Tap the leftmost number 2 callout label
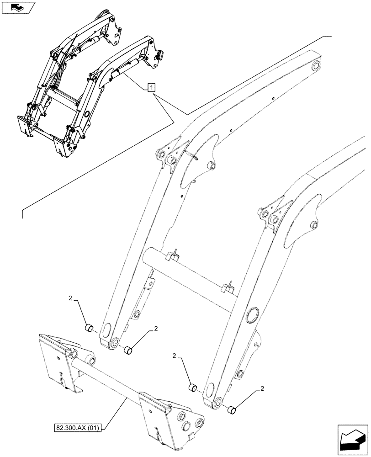[x=70, y=298]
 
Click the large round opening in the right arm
[x=252, y=316]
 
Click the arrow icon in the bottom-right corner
[x=351, y=439]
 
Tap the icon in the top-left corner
[x=18, y=7]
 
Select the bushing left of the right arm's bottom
[x=193, y=388]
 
